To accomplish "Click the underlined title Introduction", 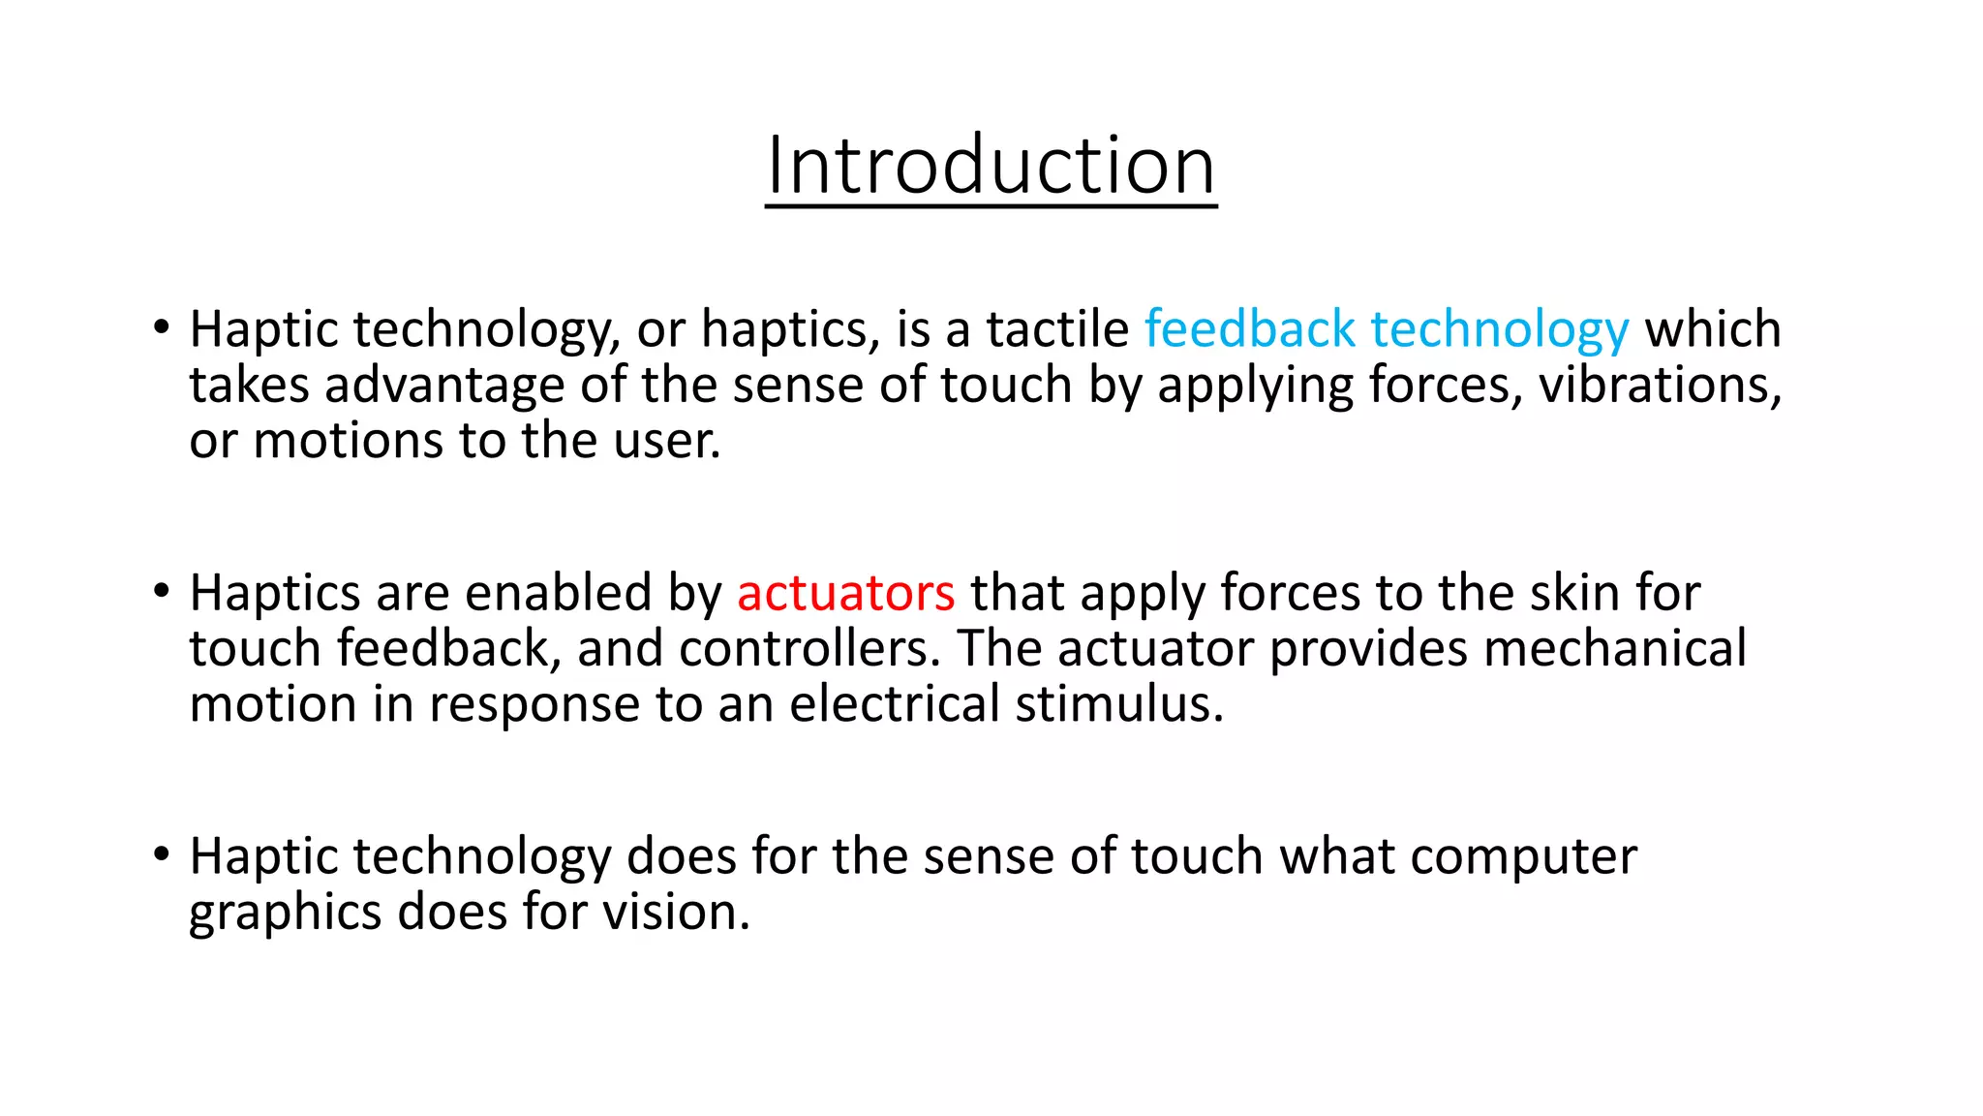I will [991, 166].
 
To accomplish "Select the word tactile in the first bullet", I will [1057, 329].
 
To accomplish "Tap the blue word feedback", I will [1249, 329].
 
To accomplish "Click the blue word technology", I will [1500, 331].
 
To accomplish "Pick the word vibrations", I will [1660, 385].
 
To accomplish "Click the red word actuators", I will [845, 593].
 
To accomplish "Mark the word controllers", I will [809, 648].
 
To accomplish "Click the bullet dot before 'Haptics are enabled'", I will [162, 591].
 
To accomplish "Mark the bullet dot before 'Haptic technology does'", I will [162, 854].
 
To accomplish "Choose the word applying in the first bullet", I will [1255, 387].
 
